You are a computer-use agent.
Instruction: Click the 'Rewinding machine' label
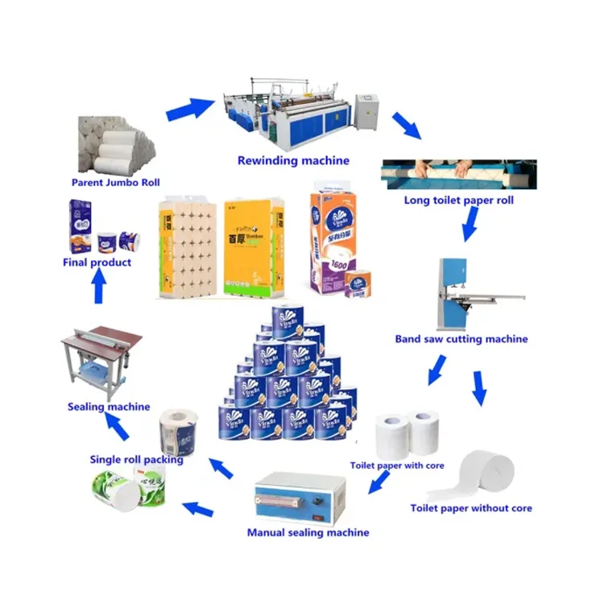[x=293, y=160]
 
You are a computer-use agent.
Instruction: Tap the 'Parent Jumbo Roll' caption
[x=116, y=183]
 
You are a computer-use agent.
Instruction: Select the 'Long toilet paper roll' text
[x=458, y=200]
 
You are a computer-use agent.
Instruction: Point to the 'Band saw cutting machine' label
[x=461, y=339]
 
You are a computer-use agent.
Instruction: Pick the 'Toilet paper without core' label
[x=471, y=508]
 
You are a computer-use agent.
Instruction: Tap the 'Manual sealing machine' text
[x=308, y=532]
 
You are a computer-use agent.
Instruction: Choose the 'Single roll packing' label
[x=136, y=460]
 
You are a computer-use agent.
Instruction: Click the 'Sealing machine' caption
[x=109, y=407]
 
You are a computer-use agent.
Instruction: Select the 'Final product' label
[x=97, y=263]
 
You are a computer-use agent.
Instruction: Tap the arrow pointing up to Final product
[x=98, y=288]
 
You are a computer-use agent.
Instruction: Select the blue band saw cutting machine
[x=458, y=294]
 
